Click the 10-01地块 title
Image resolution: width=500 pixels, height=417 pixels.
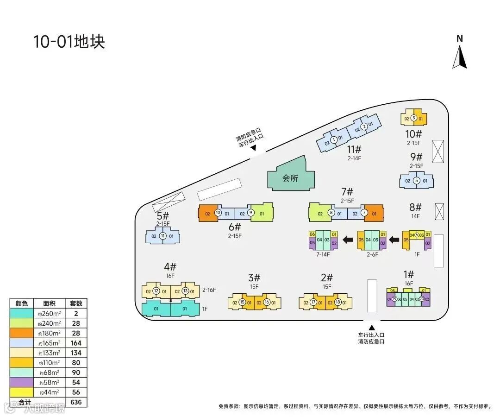click(x=69, y=42)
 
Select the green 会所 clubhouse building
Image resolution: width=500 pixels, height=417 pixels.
click(x=291, y=177)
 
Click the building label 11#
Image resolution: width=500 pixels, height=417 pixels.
click(x=354, y=150)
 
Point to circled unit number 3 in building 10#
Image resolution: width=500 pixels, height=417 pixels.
click(x=413, y=118)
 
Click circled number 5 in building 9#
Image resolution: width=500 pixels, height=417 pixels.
click(x=416, y=181)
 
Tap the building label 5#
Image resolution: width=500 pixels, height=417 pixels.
click(x=163, y=216)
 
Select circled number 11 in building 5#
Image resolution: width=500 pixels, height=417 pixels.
click(x=162, y=236)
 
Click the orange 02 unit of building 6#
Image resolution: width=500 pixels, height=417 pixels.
click(x=207, y=214)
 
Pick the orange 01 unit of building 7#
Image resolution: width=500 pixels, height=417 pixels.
click(x=374, y=214)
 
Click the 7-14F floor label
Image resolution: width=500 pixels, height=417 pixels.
click(x=323, y=254)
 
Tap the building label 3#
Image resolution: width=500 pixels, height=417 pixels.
click(x=254, y=278)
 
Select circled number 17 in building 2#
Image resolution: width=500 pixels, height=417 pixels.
click(x=313, y=303)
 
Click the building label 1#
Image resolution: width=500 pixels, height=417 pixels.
click(x=408, y=274)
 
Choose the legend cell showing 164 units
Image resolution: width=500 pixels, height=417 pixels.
click(x=76, y=343)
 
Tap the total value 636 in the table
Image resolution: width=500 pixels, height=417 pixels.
click(x=76, y=402)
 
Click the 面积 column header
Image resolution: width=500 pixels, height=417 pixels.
click(x=49, y=303)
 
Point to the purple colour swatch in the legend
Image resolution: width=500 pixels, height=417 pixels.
click(x=22, y=382)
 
